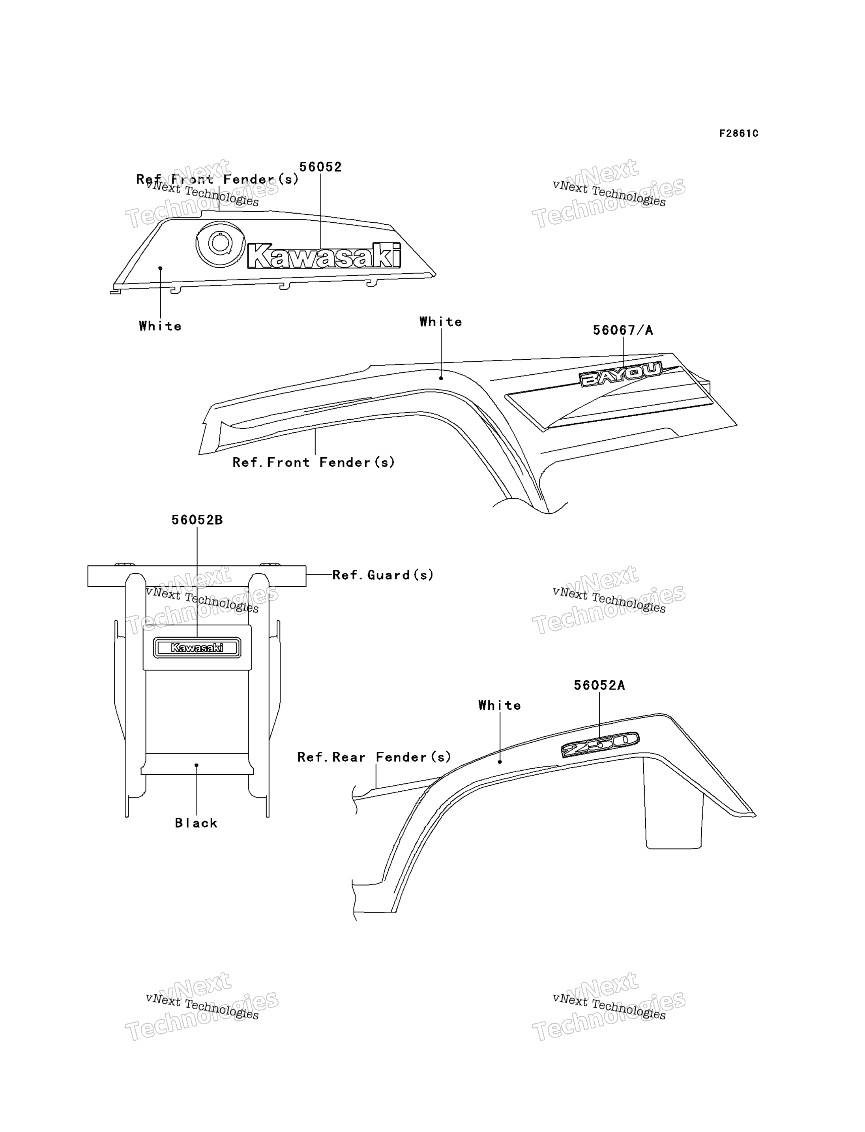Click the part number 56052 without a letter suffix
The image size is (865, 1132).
click(x=320, y=167)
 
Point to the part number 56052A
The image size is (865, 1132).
click(x=599, y=685)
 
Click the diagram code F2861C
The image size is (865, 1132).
click(x=739, y=133)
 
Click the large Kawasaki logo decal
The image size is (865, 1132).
click(x=324, y=256)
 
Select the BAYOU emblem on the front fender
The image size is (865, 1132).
click(x=620, y=374)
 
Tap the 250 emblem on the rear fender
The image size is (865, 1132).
click(x=600, y=745)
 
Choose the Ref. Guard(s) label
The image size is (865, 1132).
click(x=383, y=575)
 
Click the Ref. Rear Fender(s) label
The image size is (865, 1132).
click(x=374, y=757)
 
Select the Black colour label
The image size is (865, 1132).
click(x=196, y=823)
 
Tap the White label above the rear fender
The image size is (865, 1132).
click(x=500, y=705)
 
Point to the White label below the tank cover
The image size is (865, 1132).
click(x=160, y=326)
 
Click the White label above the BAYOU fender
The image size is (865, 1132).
click(x=441, y=322)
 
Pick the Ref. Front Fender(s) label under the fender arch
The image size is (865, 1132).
click(x=314, y=462)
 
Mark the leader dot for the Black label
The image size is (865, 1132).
click(x=196, y=765)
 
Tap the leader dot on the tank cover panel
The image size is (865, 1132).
click(x=160, y=268)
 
